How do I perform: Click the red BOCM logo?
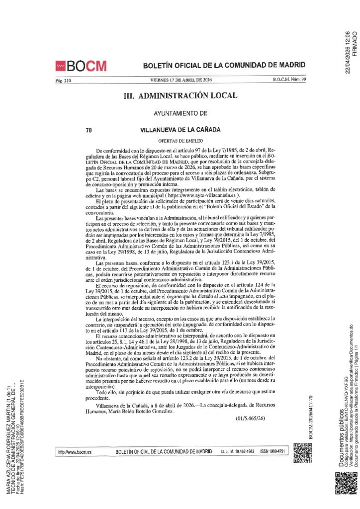[x=81, y=66]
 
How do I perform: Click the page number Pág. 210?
[x=64, y=80]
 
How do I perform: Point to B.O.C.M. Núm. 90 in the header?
[x=289, y=80]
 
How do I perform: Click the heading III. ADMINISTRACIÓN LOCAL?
[x=180, y=95]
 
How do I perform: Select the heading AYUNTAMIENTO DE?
[x=180, y=114]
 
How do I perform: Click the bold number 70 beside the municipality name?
[x=89, y=131]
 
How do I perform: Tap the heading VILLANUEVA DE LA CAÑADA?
[x=180, y=131]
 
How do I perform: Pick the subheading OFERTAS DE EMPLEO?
[x=180, y=141]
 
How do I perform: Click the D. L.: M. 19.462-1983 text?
[x=237, y=451]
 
